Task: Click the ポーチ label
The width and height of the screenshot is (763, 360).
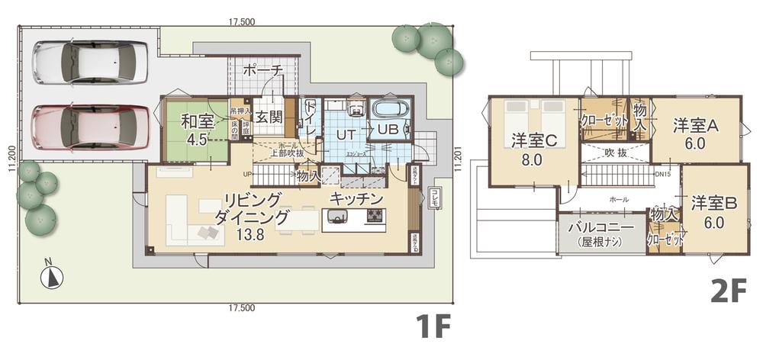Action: tap(264, 70)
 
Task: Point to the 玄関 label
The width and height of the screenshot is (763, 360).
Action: tap(269, 118)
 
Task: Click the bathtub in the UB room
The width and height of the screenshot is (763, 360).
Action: tap(391, 111)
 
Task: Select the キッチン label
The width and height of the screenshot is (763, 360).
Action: tap(356, 198)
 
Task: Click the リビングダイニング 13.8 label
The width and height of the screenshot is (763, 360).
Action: tap(251, 217)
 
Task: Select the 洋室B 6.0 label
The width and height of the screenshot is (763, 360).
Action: tap(713, 213)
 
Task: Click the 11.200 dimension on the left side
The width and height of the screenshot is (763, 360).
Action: tap(10, 161)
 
